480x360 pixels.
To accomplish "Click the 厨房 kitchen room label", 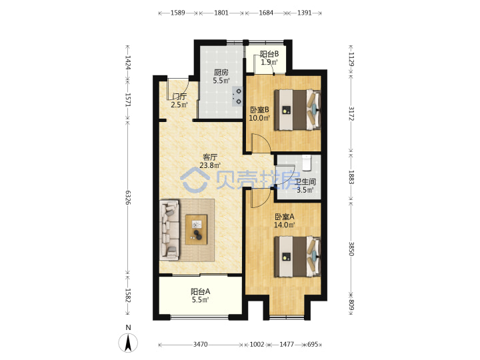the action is [221, 73].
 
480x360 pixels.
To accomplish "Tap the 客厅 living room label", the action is [210, 157].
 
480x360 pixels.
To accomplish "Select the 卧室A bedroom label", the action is [285, 217].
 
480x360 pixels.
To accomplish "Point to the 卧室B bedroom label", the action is [259, 109].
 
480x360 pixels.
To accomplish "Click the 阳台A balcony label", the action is [201, 291].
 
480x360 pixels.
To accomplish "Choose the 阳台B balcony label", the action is [269, 54].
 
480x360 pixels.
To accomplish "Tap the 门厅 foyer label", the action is [179, 97].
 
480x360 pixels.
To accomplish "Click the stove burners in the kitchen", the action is [237, 96].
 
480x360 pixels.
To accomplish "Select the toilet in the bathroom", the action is [307, 163].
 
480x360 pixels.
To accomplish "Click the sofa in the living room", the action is [169, 230].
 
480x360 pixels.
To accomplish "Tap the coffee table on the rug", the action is [196, 229].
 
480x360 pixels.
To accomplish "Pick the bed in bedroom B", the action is [297, 110].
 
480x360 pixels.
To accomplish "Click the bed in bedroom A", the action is [297, 257].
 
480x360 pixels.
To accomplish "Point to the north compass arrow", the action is [128, 343].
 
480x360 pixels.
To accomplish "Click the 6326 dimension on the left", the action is [128, 197].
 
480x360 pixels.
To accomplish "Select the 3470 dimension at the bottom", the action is [200, 345].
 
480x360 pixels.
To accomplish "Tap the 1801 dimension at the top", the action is [221, 13].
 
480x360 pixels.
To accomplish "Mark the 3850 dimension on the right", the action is [351, 249].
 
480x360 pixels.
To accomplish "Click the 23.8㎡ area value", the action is [210, 165].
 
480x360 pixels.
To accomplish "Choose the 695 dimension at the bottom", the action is [313, 345].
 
